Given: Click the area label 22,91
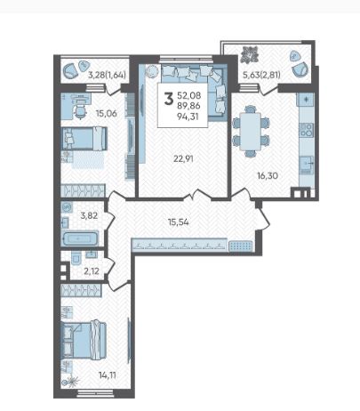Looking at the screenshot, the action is pyautogui.click(x=183, y=158).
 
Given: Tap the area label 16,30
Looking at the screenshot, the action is pyautogui.click(x=268, y=176).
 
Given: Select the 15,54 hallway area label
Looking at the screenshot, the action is pyautogui.click(x=179, y=222).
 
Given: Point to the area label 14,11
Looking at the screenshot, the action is pyautogui.click(x=108, y=375).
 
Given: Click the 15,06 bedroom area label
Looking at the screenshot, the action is pyautogui.click(x=107, y=113).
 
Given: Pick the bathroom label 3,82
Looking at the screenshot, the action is pyautogui.click(x=89, y=215).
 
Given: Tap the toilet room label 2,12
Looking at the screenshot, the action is pyautogui.click(x=92, y=270).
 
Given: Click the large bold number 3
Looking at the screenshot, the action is pyautogui.click(x=169, y=99).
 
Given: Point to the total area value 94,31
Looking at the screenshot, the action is pyautogui.click(x=188, y=117).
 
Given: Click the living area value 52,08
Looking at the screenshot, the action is pyautogui.click(x=189, y=95).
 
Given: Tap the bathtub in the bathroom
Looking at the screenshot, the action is pyautogui.click(x=80, y=238).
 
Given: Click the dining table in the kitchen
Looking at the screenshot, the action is pyautogui.click(x=251, y=132).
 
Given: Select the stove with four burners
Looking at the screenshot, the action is pyautogui.click(x=307, y=130).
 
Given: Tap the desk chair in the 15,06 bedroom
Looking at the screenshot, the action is pyautogui.click(x=79, y=111).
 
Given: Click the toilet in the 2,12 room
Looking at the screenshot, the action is pyautogui.click(x=76, y=259).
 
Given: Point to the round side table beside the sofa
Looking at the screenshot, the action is pyautogui.click(x=153, y=71).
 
